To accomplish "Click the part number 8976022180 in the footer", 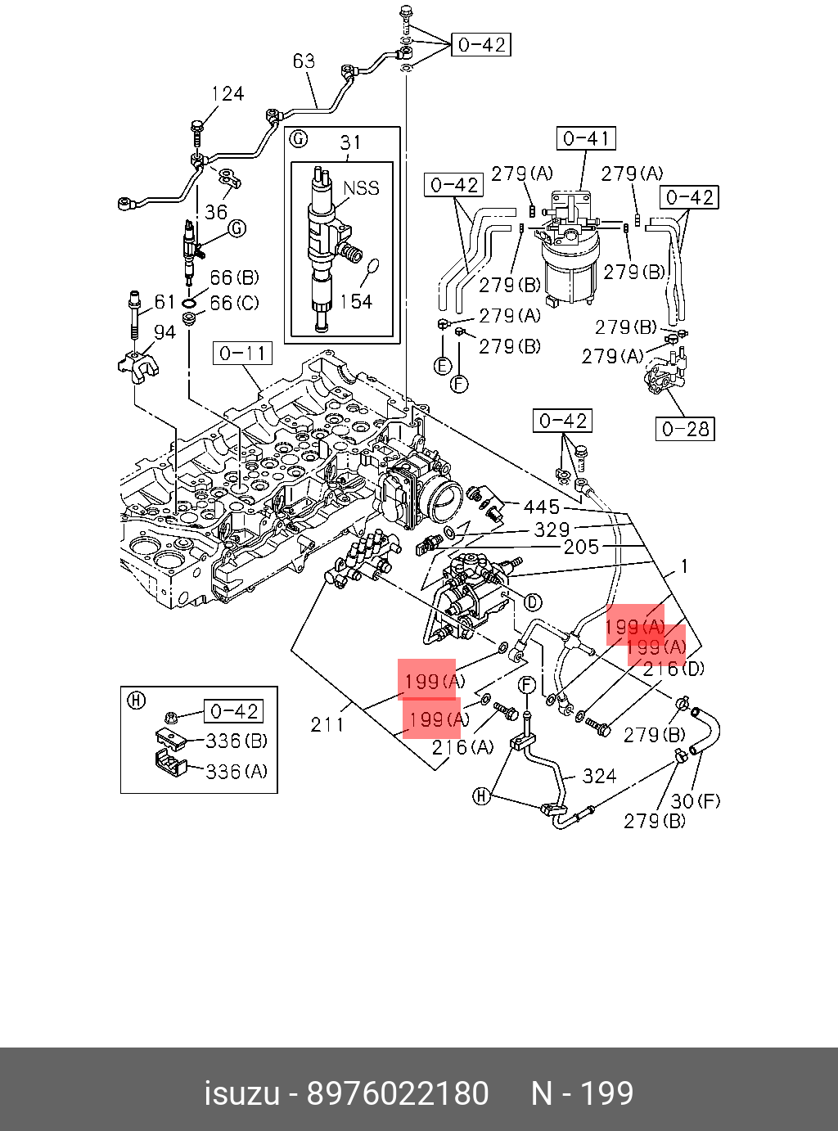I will pyautogui.click(x=397, y=1093).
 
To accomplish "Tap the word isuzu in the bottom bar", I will pyautogui.click(x=241, y=1093).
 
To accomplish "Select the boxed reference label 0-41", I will pyautogui.click(x=586, y=138).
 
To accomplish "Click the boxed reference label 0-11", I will pyautogui.click(x=242, y=354).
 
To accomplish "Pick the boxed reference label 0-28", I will pyautogui.click(x=685, y=429).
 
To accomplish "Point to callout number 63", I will pyautogui.click(x=304, y=61).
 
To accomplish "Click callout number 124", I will pyautogui.click(x=228, y=94).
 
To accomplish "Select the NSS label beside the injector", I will pyautogui.click(x=361, y=188).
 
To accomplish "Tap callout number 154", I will pyautogui.click(x=356, y=302).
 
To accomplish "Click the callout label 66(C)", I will pyautogui.click(x=234, y=303).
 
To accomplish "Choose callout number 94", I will pyautogui.click(x=164, y=331).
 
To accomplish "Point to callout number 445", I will pyautogui.click(x=541, y=507).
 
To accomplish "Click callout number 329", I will pyautogui.click(x=552, y=529).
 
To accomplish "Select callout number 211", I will pyautogui.click(x=327, y=724).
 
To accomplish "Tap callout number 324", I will pyautogui.click(x=599, y=776).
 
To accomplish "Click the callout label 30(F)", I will pyautogui.click(x=696, y=800).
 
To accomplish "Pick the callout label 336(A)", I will pyautogui.click(x=237, y=771).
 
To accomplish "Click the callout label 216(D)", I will pyautogui.click(x=673, y=669).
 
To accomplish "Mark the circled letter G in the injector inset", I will pyautogui.click(x=300, y=138).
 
